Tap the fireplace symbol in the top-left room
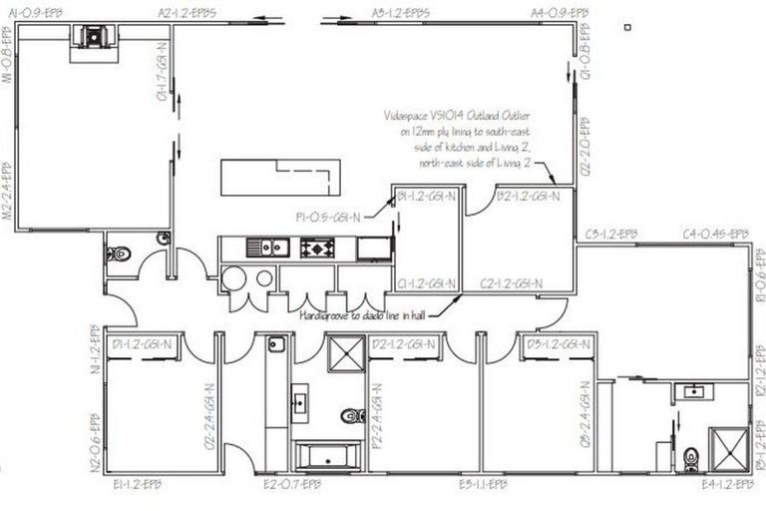[x=91, y=37]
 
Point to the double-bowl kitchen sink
[x=268, y=248]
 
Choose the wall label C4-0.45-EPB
[x=715, y=235]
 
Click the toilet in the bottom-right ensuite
[x=691, y=456]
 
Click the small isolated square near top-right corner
[x=625, y=27]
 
